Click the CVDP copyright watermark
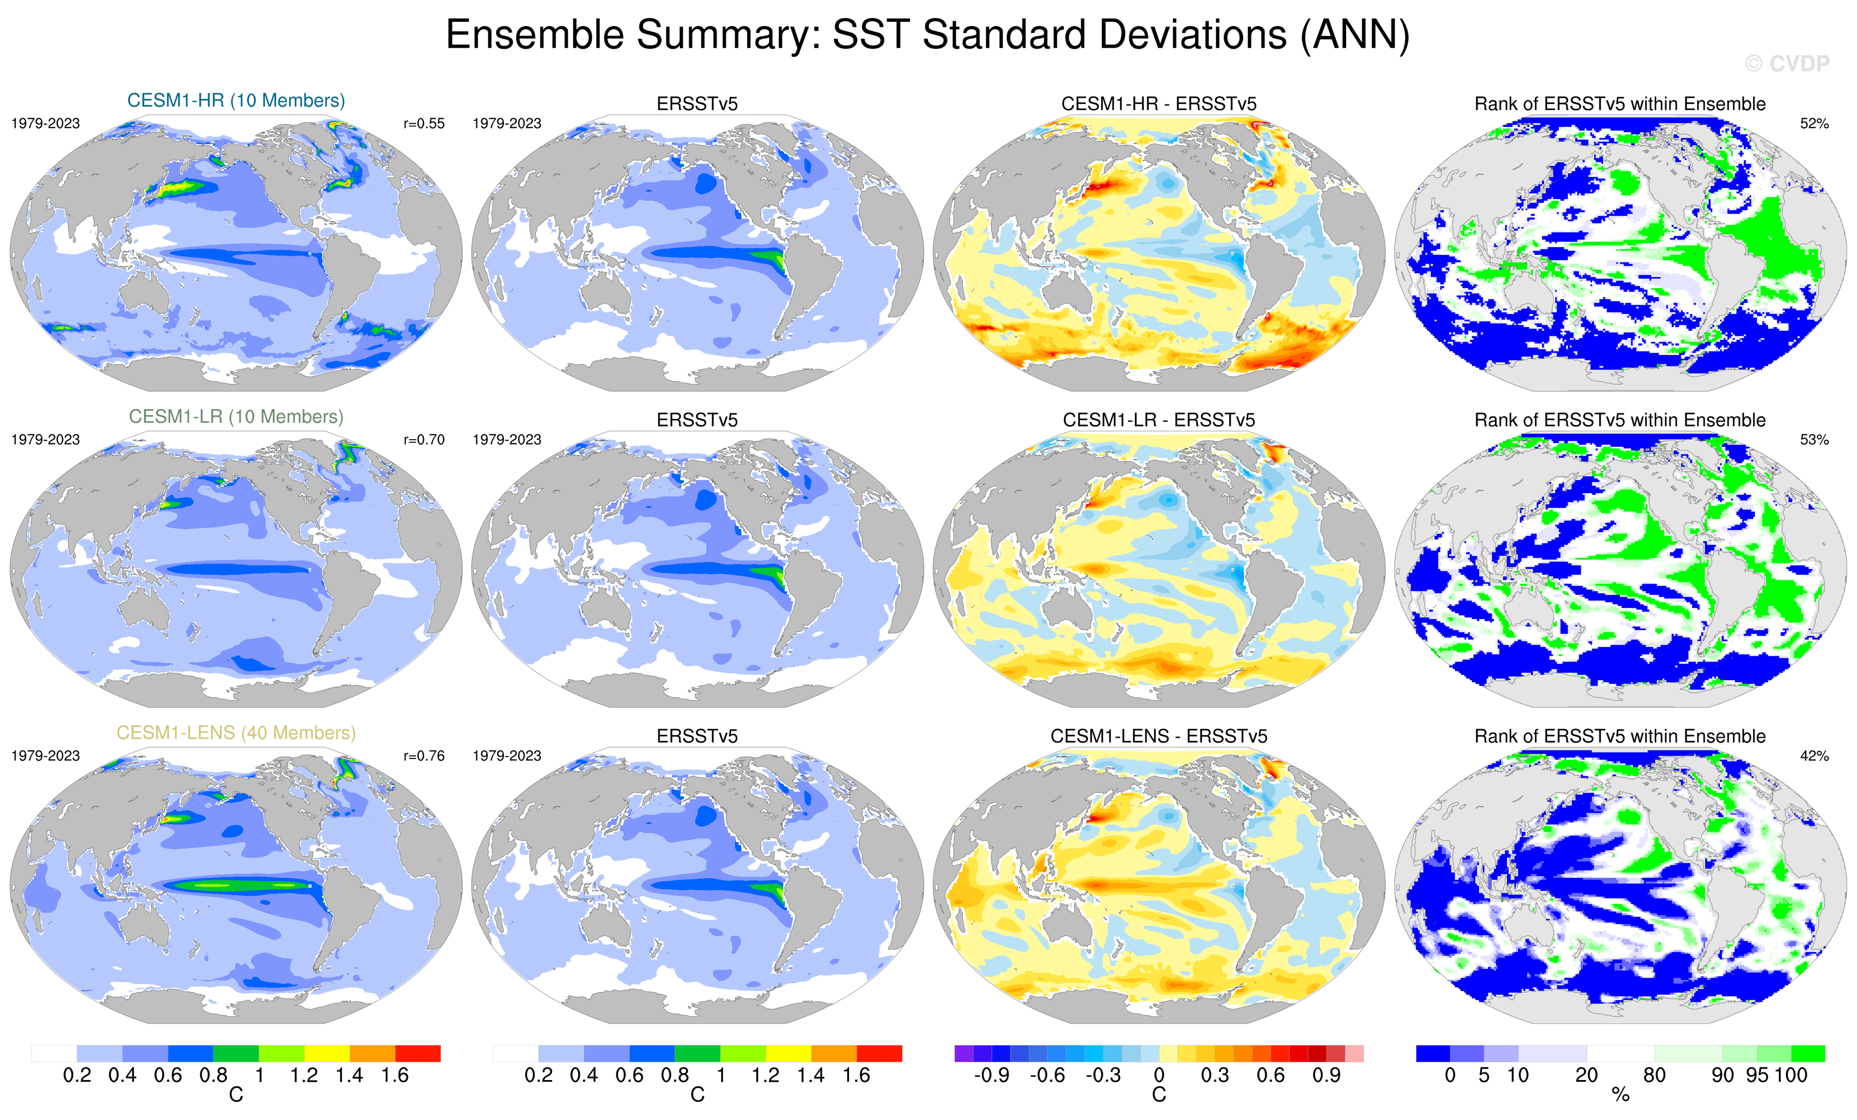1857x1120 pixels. click(x=1786, y=64)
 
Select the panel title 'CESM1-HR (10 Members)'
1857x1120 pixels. click(x=236, y=100)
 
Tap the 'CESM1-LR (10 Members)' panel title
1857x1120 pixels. click(x=236, y=417)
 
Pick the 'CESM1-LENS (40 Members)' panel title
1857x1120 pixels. click(x=236, y=733)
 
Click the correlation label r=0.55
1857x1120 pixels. click(x=423, y=124)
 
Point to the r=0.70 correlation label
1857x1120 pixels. click(x=423, y=439)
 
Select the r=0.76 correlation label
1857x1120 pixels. click(x=423, y=756)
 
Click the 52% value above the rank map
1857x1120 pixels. click(x=1814, y=124)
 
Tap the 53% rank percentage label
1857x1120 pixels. click(x=1814, y=439)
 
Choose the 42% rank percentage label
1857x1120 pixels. click(x=1814, y=756)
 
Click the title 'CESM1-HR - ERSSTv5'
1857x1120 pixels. click(x=1159, y=104)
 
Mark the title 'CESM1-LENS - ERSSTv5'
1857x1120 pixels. click(x=1159, y=736)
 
